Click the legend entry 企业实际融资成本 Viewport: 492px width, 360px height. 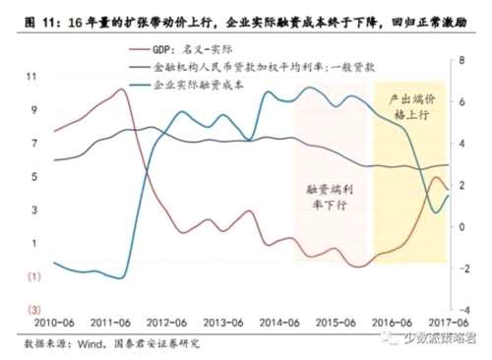pos(201,86)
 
